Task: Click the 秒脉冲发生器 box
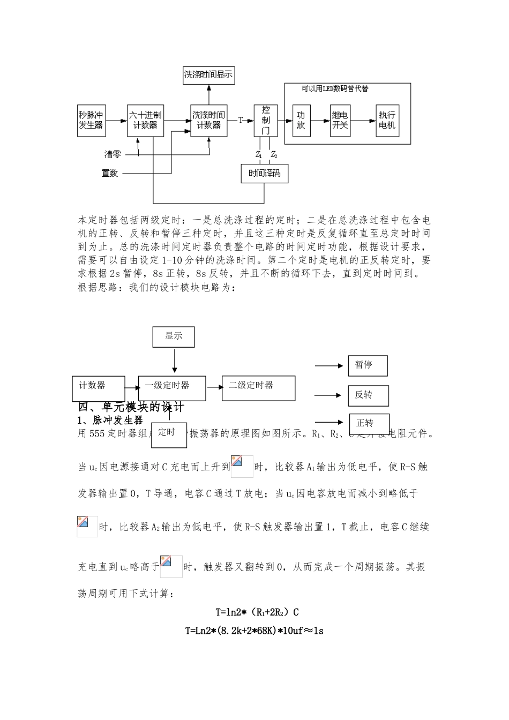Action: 91,120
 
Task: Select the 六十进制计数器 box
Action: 145,120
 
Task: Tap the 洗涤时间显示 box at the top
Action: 208,75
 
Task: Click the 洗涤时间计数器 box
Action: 208,120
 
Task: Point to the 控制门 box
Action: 266,120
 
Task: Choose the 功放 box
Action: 301,120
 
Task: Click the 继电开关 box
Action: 340,120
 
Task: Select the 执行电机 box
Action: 387,120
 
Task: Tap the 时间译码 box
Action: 264,174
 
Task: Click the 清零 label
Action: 113,154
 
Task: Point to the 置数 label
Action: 110,173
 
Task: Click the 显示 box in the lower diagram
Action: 174,337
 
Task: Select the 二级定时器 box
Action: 258,388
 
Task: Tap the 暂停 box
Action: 368,365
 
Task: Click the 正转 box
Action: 369,423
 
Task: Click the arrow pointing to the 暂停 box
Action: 328,366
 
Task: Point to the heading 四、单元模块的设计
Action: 131,407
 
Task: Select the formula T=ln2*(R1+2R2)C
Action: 257,612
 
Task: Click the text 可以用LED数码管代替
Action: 335,89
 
